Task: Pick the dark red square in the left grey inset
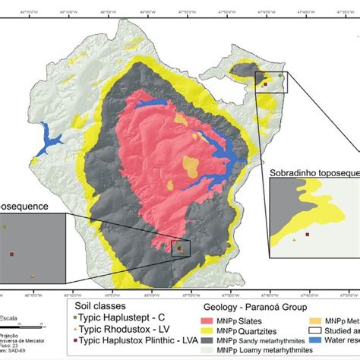[11, 254]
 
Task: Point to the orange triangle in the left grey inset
[33, 276]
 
